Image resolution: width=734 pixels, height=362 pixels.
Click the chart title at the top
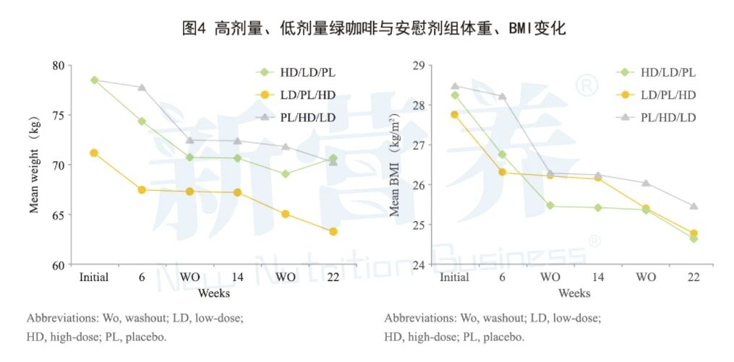374,28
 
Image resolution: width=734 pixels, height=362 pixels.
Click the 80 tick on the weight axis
57,65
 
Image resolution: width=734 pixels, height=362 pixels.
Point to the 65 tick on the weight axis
57,215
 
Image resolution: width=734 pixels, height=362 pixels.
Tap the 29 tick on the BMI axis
417,66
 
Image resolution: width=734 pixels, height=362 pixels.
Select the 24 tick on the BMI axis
417,265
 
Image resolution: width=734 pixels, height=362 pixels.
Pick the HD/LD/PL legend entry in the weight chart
297,72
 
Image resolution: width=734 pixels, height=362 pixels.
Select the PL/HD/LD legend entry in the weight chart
297,117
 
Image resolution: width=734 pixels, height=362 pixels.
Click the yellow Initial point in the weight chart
94,153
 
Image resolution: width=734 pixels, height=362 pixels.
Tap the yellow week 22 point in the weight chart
333,231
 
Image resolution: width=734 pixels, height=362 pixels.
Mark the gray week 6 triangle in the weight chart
142,87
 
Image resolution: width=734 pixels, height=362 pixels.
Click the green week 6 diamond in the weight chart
142,121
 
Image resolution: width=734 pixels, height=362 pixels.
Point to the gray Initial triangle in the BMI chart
454,86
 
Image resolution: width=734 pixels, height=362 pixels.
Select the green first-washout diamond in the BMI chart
550,205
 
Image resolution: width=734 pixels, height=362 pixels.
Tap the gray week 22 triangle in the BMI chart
694,206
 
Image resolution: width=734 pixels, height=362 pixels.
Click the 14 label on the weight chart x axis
237,277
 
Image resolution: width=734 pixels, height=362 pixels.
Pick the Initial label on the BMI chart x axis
454,277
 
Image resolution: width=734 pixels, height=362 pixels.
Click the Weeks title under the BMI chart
574,293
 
